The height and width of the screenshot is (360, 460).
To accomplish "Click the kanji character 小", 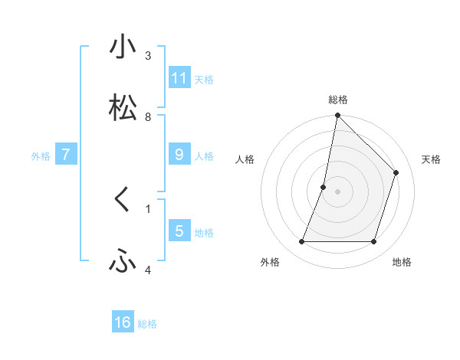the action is (123, 47).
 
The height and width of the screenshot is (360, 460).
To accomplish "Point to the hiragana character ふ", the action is (123, 262).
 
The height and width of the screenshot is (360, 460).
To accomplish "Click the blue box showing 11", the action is (179, 77).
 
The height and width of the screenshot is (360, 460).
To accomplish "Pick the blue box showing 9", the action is (179, 155).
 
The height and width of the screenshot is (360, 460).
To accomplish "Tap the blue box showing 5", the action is (179, 231).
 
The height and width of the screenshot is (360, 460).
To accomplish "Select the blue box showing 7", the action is (66, 155).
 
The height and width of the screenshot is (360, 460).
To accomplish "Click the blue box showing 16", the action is (123, 322).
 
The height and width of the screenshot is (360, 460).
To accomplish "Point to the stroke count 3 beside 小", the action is (148, 56).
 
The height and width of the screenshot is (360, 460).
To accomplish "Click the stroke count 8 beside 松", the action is (148, 117).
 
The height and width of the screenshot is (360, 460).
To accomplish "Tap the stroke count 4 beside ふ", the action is (148, 270).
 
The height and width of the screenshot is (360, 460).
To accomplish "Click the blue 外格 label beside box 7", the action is (41, 156).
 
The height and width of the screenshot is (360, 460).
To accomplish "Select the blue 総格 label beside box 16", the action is (147, 324).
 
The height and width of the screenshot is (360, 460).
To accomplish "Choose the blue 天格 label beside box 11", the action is (204, 79).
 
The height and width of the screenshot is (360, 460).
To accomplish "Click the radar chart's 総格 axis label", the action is (338, 100).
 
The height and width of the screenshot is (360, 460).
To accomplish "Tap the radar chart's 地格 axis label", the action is (402, 262).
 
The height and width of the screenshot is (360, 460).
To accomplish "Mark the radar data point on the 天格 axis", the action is (396, 172).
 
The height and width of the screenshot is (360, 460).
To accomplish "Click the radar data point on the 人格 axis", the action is (324, 187).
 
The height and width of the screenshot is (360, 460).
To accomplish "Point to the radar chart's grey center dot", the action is (338, 191).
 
